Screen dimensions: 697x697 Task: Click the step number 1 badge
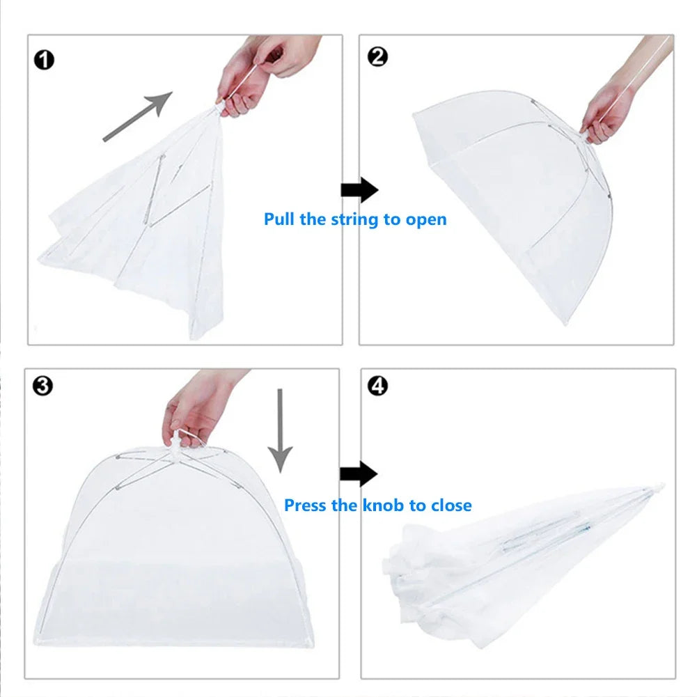[x=45, y=60]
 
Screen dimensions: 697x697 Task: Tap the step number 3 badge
[x=42, y=385]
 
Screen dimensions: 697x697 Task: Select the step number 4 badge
[x=377, y=385]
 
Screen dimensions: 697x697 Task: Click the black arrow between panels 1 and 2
[x=359, y=189]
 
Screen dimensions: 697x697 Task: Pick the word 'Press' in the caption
[x=306, y=505]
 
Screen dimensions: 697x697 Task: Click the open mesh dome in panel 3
[x=174, y=543]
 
